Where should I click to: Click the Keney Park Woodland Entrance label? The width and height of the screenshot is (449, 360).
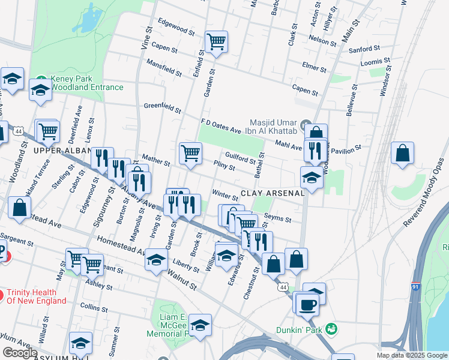click(x=86, y=83)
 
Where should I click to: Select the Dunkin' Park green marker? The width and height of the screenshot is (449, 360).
click(x=330, y=329)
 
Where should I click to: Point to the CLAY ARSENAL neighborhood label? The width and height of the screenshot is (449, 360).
click(x=273, y=194)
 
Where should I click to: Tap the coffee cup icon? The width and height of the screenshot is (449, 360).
click(x=307, y=304)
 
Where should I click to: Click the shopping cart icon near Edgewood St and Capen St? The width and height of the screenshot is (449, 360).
click(x=216, y=42)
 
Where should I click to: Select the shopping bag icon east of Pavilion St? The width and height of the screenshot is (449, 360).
click(x=402, y=153)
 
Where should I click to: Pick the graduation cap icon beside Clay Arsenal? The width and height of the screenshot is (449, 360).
click(x=312, y=178)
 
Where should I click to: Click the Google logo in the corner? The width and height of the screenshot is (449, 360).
click(x=20, y=353)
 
